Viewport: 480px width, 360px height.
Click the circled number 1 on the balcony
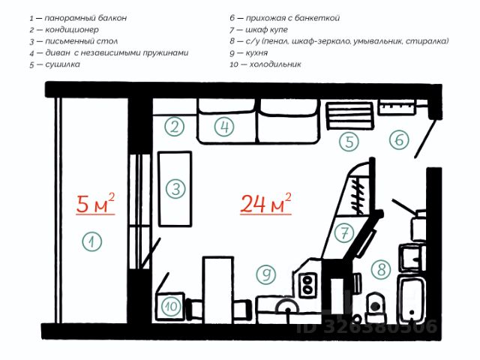click(91, 242)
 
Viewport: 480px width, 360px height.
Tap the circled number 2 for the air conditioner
click(175, 127)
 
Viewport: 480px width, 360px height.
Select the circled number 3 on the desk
click(175, 188)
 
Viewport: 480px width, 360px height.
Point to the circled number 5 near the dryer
click(349, 141)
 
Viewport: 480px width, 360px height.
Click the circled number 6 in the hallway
click(398, 139)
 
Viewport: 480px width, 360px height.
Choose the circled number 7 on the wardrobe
click(344, 233)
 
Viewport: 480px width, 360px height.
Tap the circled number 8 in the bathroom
click(382, 269)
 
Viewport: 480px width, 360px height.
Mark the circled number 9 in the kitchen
click(265, 274)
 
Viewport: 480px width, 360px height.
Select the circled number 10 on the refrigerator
click(170, 306)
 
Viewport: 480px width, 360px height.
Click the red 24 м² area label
click(265, 203)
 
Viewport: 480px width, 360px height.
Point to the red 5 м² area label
click(95, 202)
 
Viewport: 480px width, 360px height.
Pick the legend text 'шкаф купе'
click(269, 29)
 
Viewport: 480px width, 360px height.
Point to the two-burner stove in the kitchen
click(307, 283)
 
